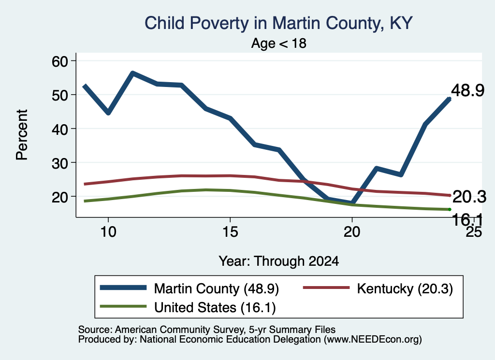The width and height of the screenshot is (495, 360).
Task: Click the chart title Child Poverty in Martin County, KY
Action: point(278,23)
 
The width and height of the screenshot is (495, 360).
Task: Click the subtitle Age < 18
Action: point(279,43)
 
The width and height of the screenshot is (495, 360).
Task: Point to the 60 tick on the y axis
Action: point(60,61)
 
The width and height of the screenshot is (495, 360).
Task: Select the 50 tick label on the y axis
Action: point(60,95)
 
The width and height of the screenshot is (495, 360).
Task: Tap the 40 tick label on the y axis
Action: point(60,129)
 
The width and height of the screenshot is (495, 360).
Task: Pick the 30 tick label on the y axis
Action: point(60,162)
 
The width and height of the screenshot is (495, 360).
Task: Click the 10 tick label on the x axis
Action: point(108,232)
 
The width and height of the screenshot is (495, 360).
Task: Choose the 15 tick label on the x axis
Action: point(230,232)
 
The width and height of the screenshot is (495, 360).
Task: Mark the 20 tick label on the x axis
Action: point(352,232)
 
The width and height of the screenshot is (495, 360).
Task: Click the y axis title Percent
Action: point(22,135)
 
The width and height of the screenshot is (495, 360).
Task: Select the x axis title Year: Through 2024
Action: point(279,261)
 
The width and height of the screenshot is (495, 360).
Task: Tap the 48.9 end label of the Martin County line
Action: point(467,90)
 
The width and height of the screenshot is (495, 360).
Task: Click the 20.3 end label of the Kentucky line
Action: point(469,197)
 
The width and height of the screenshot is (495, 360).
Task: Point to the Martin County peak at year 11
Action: point(133,73)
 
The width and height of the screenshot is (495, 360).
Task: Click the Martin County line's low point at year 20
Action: point(352,202)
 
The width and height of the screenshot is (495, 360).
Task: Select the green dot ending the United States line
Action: point(450,210)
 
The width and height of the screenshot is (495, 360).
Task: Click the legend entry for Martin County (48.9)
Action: point(189,288)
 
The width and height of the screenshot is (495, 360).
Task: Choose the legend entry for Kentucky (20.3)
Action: point(378,288)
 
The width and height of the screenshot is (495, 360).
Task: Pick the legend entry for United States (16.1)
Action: point(188,307)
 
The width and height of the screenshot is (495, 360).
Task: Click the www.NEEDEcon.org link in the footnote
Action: point(373,340)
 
